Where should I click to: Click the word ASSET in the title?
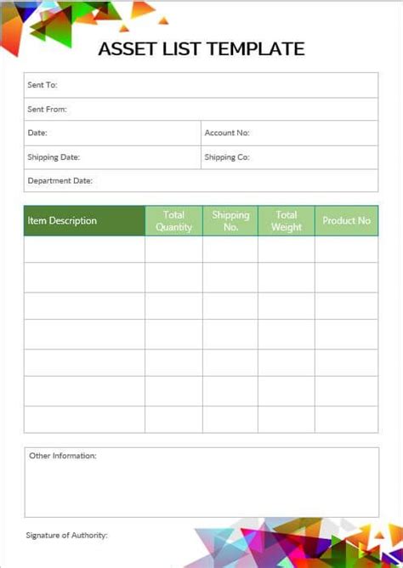(x=123, y=49)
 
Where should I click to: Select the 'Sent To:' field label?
(x=43, y=86)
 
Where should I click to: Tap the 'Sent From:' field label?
(x=47, y=109)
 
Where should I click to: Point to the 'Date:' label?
(x=37, y=133)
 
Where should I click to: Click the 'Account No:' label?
(x=227, y=133)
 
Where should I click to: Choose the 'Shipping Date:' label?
(x=54, y=157)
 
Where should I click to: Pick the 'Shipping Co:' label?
(x=226, y=157)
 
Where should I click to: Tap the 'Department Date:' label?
(x=60, y=181)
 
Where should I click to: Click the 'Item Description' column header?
(x=62, y=221)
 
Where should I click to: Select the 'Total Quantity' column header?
(x=173, y=221)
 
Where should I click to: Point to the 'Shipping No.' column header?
(x=230, y=221)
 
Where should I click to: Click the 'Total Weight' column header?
(x=287, y=221)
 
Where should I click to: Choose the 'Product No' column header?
(x=346, y=221)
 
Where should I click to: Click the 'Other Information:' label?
(x=63, y=456)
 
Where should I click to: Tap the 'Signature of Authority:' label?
(x=67, y=536)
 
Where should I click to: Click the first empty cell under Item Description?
(x=84, y=249)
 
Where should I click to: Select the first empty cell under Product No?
(x=346, y=249)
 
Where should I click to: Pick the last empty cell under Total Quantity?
(x=173, y=419)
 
